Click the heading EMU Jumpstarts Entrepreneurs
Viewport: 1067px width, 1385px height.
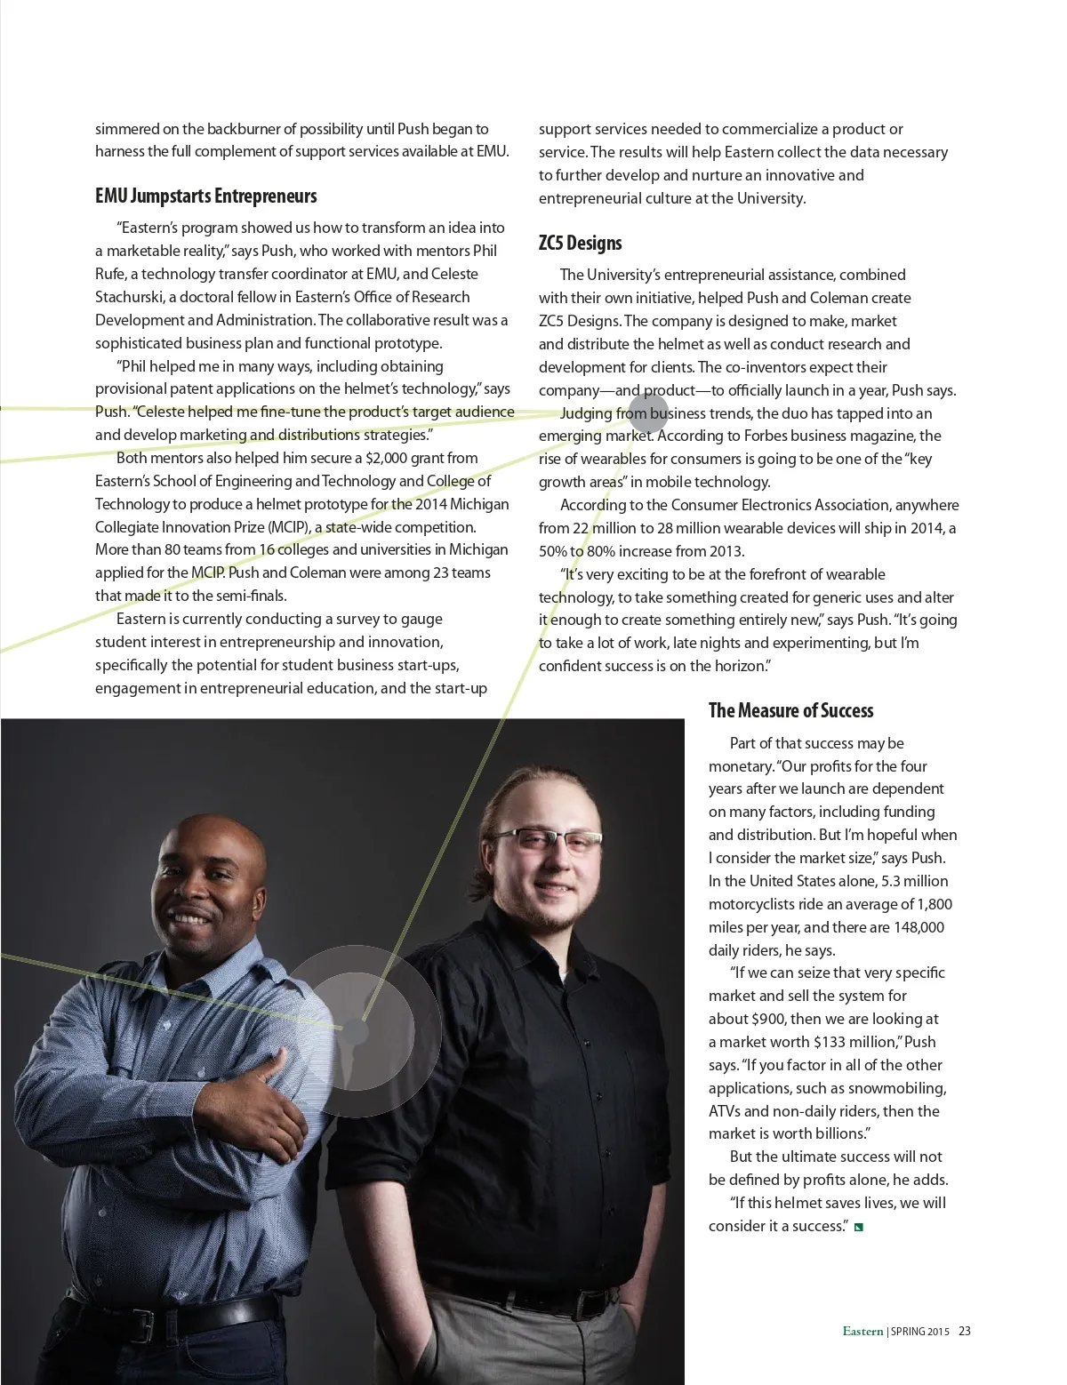(205, 196)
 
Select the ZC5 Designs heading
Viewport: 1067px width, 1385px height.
(580, 244)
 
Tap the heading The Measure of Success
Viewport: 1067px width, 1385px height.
(790, 710)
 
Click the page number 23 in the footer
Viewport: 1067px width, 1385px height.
(965, 1331)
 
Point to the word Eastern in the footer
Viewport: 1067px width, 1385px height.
(862, 1331)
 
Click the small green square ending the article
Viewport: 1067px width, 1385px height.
(859, 1228)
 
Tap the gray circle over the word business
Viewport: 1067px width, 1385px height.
(648, 412)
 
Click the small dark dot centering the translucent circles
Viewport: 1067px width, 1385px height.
(355, 1031)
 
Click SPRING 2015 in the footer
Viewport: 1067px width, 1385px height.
(920, 1332)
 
